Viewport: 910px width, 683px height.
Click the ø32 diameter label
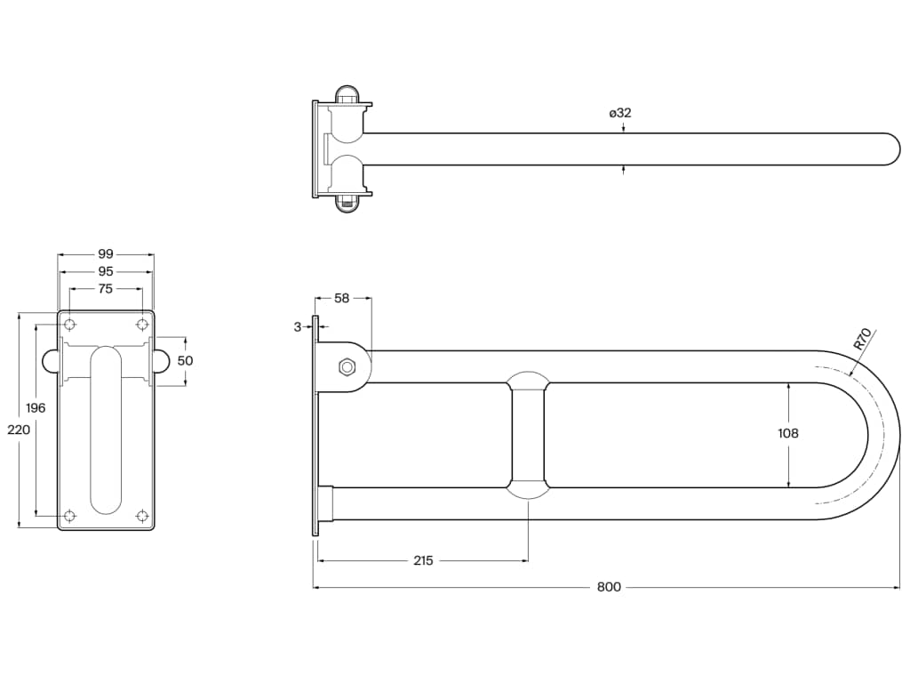pos(620,113)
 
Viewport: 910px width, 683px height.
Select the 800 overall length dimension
pos(609,587)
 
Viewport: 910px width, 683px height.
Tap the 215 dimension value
pos(423,560)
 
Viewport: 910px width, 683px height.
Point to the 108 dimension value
pos(787,433)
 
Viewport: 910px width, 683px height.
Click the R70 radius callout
pos(862,340)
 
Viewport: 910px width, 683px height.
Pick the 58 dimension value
pos(341,299)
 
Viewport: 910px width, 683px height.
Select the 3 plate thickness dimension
pos(298,326)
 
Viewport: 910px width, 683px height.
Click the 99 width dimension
pos(106,254)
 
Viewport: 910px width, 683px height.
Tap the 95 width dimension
pos(106,271)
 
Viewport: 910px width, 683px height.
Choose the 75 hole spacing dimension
pos(106,288)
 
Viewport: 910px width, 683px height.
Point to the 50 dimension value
pos(185,361)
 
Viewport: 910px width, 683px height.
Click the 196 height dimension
pos(36,407)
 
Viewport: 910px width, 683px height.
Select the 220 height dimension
pos(19,429)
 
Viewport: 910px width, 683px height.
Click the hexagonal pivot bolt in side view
pos(346,366)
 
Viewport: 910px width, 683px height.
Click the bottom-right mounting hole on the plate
pos(142,515)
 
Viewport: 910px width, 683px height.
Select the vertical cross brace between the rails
pos(528,435)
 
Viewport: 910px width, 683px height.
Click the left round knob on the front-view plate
pos(50,360)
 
